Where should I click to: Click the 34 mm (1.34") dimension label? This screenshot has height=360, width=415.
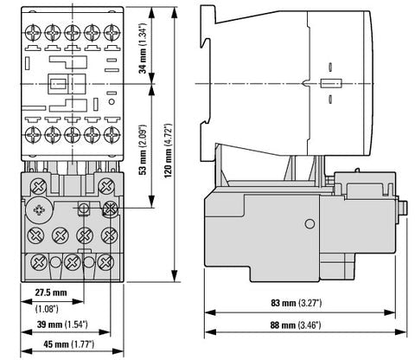143,48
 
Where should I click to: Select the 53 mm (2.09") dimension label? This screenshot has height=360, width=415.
143,150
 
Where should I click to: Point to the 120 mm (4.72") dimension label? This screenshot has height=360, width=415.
168,151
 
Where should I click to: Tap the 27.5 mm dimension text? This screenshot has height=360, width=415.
51,292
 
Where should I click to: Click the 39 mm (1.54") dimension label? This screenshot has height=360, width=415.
62,325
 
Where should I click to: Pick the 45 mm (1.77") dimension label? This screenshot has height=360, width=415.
68,344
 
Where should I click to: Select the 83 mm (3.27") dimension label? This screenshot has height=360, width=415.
297,303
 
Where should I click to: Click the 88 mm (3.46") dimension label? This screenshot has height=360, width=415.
296,325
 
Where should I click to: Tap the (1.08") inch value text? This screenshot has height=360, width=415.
47,309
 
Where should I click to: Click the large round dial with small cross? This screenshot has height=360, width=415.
39,210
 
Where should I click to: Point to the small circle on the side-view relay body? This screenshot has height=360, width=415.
310,223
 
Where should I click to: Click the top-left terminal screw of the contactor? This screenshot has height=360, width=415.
33,33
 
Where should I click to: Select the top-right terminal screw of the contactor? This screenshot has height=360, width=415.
112,33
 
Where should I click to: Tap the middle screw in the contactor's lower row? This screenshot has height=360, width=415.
73,135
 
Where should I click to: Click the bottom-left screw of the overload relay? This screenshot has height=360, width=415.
39,262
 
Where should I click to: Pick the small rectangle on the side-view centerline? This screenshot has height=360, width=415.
331,83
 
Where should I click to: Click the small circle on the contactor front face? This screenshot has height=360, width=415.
112,102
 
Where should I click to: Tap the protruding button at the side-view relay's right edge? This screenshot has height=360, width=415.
402,208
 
